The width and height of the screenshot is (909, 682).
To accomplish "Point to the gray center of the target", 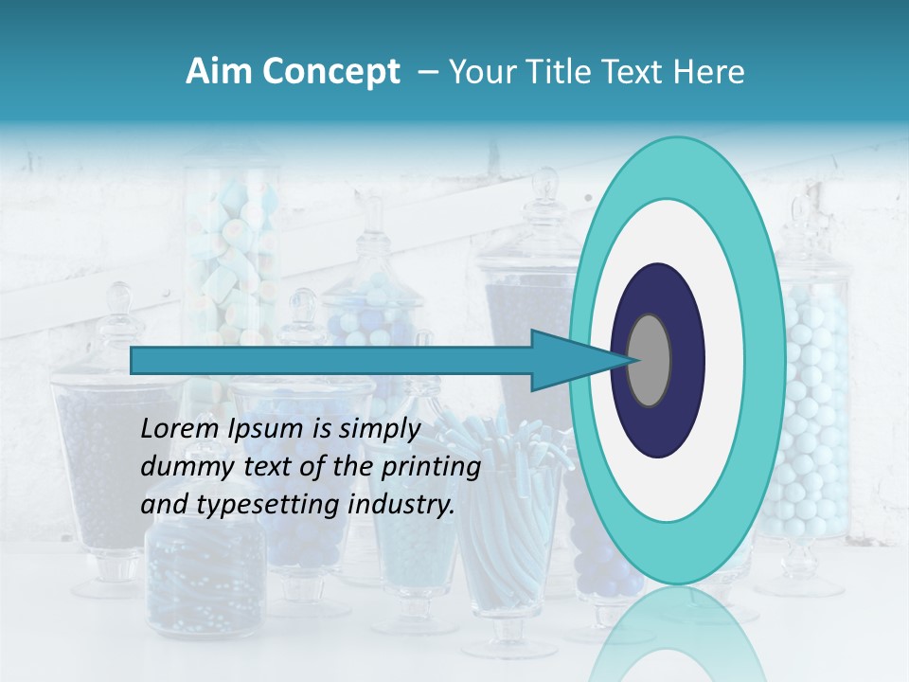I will [650, 361].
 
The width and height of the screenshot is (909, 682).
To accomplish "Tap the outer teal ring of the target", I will [676, 170].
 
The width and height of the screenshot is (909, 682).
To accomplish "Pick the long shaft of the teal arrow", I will [331, 361].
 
